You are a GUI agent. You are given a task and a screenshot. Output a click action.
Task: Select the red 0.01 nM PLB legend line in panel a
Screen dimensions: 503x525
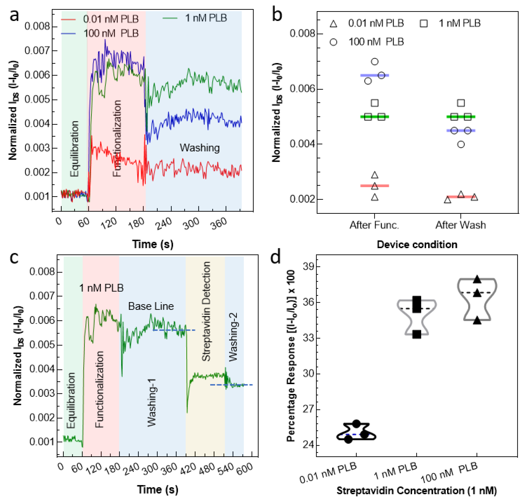[68, 19]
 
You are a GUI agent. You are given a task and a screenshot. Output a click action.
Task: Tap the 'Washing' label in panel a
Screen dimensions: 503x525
[200, 148]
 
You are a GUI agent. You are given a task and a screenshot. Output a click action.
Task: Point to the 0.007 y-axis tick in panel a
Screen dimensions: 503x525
[37, 50]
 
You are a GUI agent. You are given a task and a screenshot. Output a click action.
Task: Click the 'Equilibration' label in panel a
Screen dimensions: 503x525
[74, 149]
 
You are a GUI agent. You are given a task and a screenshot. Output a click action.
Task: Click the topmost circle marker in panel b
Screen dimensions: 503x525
[375, 62]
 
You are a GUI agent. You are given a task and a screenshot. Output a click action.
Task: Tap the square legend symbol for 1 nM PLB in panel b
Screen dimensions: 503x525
[423, 24]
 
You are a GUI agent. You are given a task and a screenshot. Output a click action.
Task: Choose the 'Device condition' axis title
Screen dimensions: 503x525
[417, 244]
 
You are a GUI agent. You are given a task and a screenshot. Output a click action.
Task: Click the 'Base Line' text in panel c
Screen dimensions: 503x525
[151, 306]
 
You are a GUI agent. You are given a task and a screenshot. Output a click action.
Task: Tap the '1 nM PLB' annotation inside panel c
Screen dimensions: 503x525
[101, 288]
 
